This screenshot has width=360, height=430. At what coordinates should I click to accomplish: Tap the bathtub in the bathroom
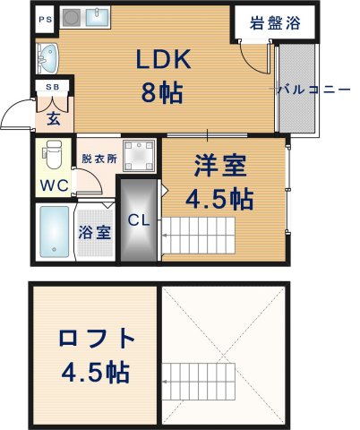(x=53, y=231)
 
